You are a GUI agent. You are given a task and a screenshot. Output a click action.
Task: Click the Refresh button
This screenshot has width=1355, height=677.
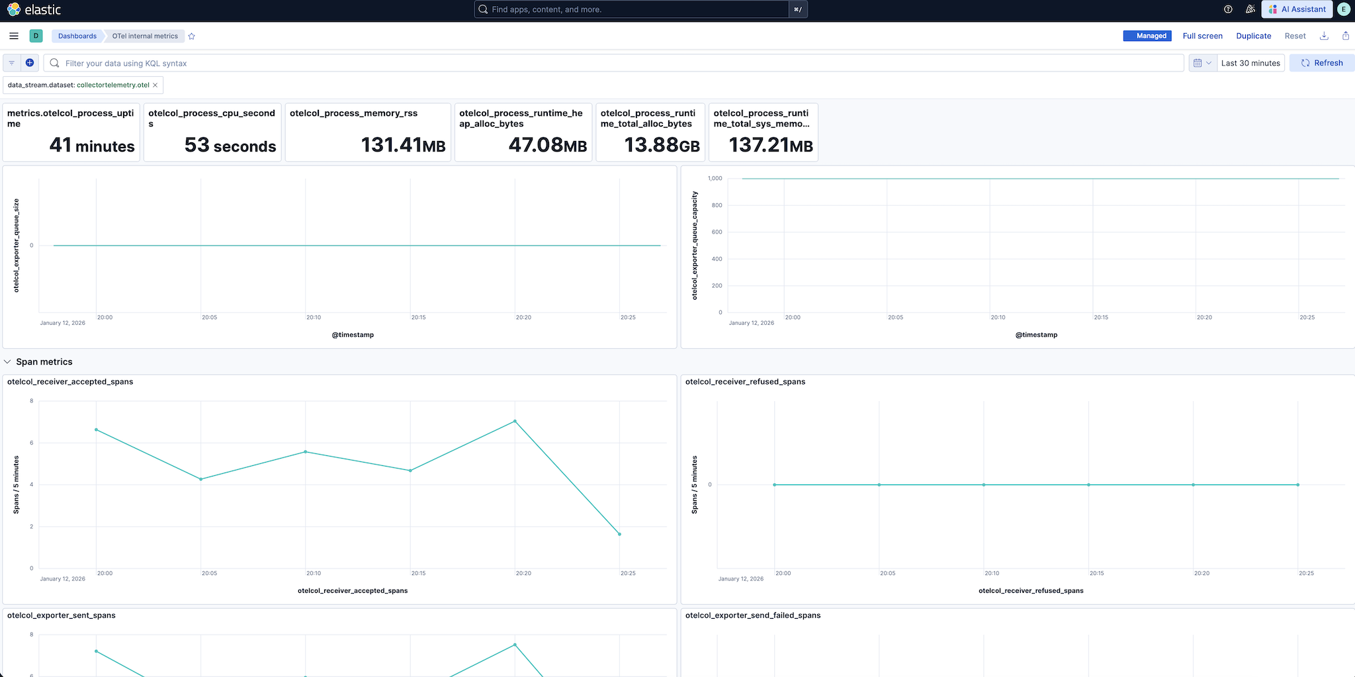[x=1322, y=63]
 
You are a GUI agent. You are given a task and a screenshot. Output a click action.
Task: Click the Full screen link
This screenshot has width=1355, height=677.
[x=1202, y=36]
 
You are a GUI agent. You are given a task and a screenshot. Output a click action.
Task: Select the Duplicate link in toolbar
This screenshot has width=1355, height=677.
[x=1253, y=36]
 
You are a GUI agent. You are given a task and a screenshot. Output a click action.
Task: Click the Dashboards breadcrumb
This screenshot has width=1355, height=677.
[x=77, y=36]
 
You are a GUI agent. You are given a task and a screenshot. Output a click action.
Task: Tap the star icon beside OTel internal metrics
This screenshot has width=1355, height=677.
[x=192, y=36]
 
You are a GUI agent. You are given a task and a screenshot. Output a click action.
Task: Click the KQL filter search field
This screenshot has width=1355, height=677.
[x=595, y=63]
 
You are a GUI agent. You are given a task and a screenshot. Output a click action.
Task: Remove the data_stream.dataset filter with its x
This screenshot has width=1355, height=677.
[x=155, y=85]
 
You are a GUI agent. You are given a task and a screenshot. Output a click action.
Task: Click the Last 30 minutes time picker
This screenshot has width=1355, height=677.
[x=1250, y=63]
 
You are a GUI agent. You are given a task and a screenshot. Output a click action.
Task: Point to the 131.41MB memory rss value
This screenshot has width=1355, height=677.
[x=403, y=145]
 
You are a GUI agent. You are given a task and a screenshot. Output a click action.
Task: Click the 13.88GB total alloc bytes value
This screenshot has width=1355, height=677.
[x=662, y=145]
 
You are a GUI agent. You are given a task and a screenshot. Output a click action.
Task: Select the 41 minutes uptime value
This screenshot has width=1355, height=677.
[x=92, y=146]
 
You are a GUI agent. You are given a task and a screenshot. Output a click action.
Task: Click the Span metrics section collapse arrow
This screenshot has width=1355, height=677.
[x=8, y=362]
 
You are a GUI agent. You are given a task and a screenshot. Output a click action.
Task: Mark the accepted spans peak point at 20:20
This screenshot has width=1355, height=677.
[x=515, y=422]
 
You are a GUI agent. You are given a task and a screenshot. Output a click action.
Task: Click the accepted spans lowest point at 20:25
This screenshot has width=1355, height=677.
[x=619, y=534]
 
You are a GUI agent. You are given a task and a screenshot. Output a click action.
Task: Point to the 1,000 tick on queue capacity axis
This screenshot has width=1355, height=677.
[x=715, y=179]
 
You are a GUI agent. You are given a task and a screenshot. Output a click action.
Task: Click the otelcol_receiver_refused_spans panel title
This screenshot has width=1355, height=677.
[x=745, y=382]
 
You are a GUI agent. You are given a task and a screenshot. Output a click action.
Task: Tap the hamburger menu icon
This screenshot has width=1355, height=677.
[x=14, y=36]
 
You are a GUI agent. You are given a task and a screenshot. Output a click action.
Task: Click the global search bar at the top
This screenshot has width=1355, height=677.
[x=635, y=9]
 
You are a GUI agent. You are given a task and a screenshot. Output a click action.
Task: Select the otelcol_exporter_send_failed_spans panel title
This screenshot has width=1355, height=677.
[x=753, y=615]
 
